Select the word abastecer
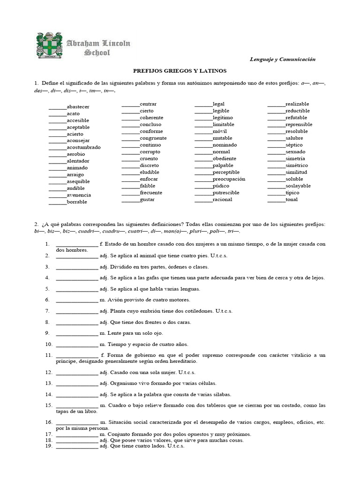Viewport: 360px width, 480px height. tap(78, 107)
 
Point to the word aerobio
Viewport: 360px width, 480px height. tap(76, 154)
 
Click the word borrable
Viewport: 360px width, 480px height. tap(77, 202)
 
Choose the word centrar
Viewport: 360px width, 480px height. tap(148, 104)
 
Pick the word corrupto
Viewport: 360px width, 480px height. tap(150, 151)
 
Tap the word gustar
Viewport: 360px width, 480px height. tap(147, 199)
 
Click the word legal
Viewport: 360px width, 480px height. tap(218, 104)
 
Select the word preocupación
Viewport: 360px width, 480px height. tap(229, 179)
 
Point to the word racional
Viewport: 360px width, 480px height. tap(222, 199)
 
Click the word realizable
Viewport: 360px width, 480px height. tap(297, 104)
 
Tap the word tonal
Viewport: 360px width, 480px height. tap(292, 199)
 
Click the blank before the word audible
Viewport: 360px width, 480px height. tap(58, 189)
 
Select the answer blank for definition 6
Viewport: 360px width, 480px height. tap(77, 300)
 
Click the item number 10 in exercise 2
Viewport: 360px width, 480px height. tap(47, 344)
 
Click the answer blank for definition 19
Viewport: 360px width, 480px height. tap(77, 447)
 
